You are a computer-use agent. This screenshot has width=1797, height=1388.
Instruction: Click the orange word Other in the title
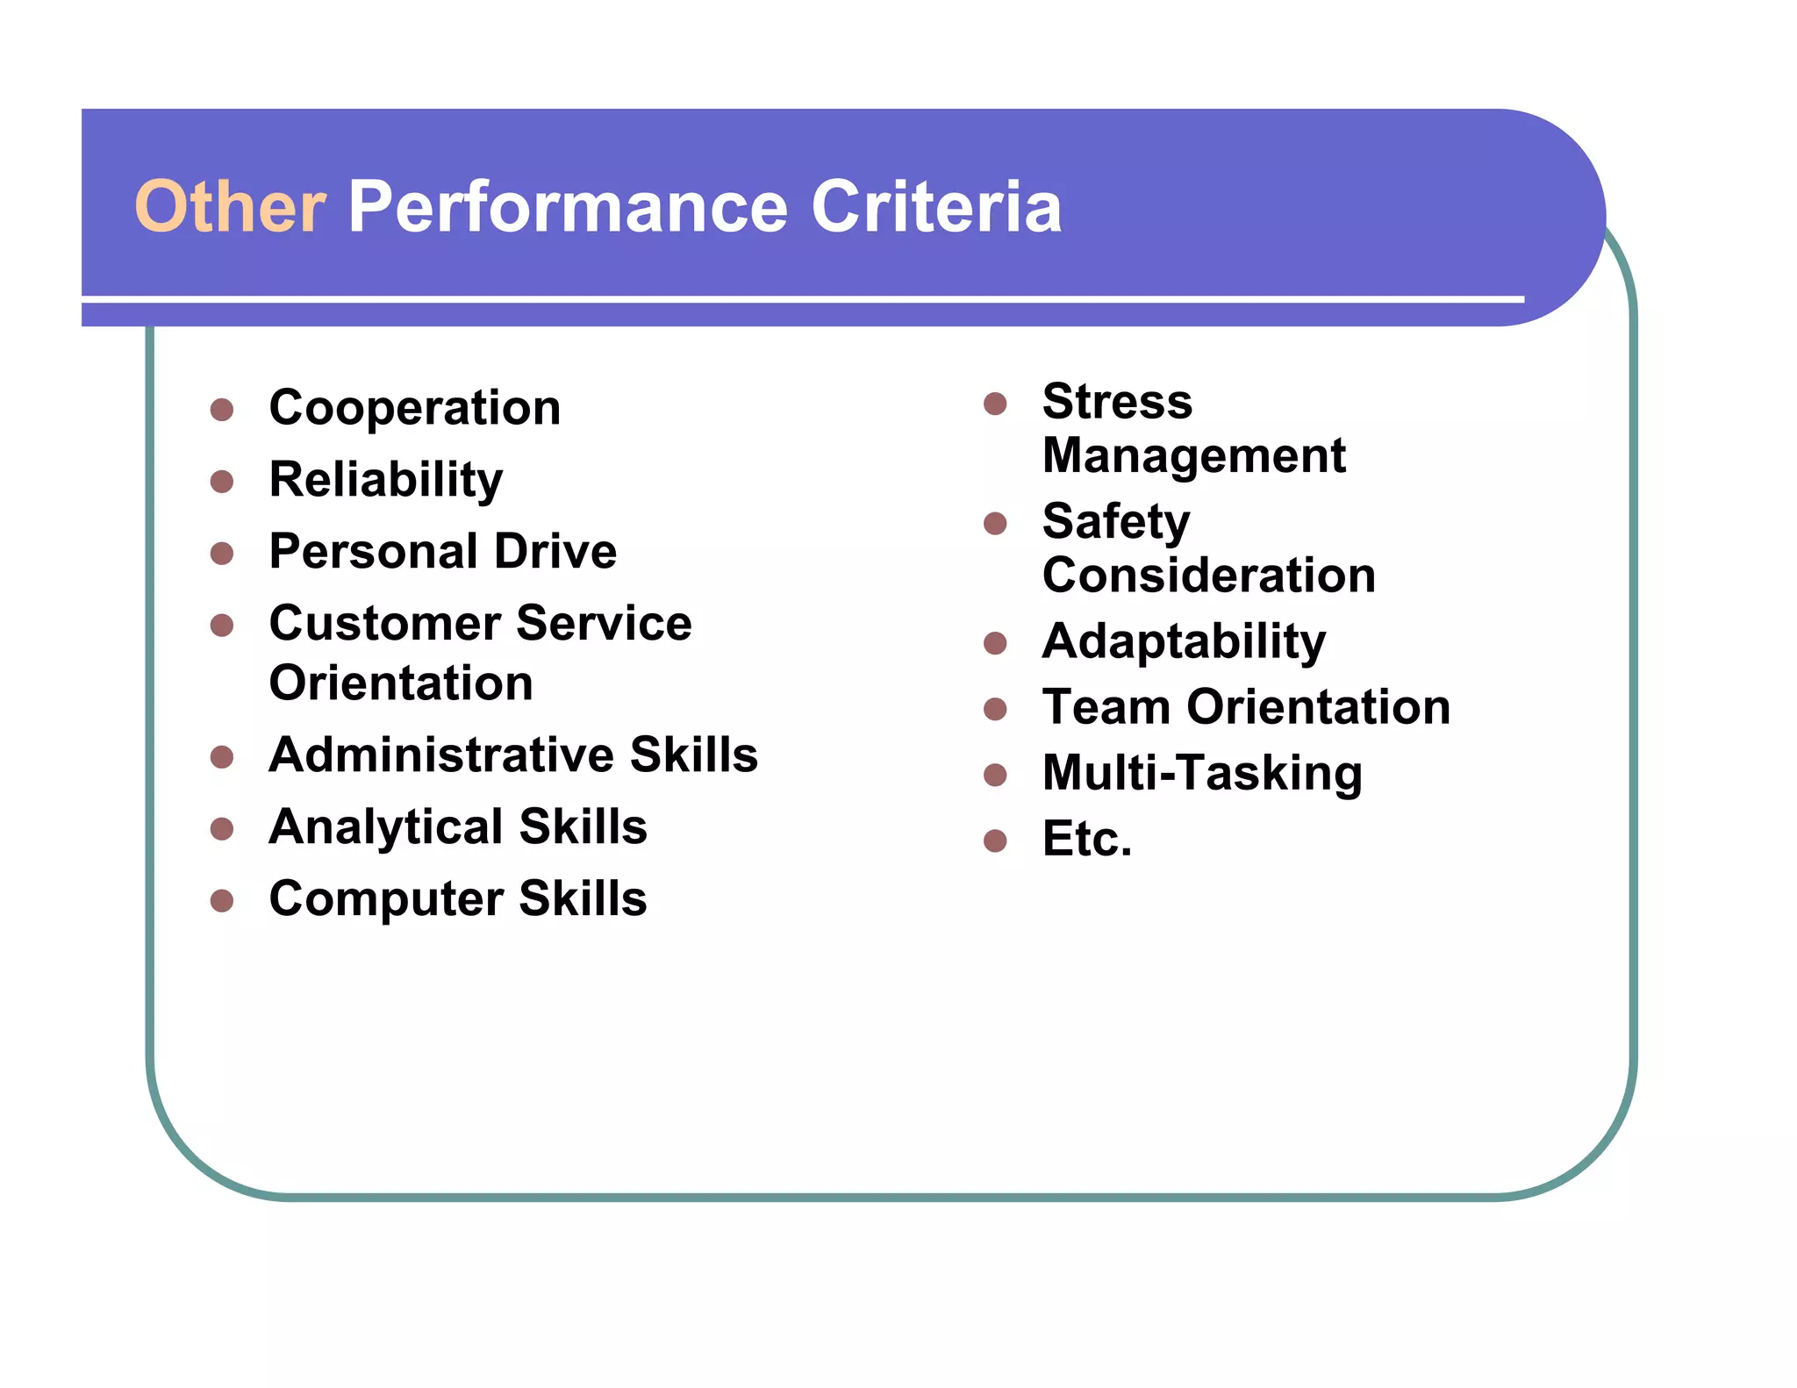pos(230,207)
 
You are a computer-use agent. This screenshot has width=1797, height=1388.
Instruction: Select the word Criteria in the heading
pos(936,207)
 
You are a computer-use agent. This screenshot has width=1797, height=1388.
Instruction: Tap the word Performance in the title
pos(569,207)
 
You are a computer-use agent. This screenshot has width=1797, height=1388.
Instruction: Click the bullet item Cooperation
pos(415,408)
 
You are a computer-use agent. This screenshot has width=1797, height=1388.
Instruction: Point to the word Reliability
pos(386,480)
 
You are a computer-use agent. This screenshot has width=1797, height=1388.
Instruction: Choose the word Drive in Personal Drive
pos(555,552)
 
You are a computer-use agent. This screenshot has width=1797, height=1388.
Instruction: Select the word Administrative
pos(440,755)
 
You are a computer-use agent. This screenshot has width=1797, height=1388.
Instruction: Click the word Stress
pos(1117,402)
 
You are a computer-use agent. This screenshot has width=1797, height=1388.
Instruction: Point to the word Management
pos(1193,456)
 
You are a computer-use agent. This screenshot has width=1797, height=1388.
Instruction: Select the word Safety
pos(1116,522)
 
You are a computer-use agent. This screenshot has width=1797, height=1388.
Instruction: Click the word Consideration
pos(1208,576)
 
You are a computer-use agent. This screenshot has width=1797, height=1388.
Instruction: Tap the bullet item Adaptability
pos(1184,641)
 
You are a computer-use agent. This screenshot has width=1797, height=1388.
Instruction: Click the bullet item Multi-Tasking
pos(1202,773)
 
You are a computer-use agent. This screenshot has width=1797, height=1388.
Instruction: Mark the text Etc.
pos(1086,840)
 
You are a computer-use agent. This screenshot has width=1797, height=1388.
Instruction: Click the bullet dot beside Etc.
pos(995,841)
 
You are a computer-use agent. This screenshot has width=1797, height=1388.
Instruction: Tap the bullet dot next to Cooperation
pos(222,410)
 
